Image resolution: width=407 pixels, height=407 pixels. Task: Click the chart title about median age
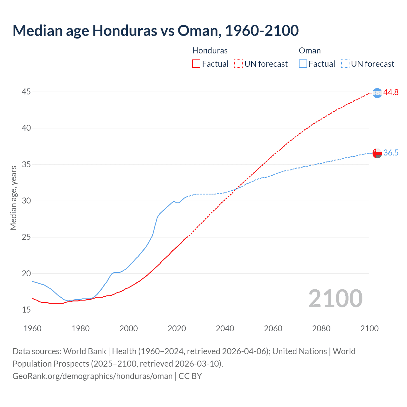pos(155,31)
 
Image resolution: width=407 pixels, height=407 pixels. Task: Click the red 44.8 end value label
pos(391,93)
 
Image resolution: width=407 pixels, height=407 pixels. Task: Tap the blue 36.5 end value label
pos(391,153)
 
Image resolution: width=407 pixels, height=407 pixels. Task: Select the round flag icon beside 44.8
pos(377,93)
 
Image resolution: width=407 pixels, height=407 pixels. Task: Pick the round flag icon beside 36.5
pos(377,153)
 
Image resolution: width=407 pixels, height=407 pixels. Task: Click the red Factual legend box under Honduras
pos(196,64)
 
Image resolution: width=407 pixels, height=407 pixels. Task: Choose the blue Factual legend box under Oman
pos(303,64)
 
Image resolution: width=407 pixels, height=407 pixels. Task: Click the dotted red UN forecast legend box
pos(238,64)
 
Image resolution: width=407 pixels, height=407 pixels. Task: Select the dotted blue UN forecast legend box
pos(345,64)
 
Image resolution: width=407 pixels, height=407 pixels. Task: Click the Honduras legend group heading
pos(210,51)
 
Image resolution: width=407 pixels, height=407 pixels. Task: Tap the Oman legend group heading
pos(310,51)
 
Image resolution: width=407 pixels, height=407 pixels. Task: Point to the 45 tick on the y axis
pos(26,92)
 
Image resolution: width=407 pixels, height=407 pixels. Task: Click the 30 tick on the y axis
pos(26,201)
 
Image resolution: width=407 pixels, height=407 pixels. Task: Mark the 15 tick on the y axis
pos(26,310)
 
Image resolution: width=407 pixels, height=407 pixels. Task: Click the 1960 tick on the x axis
pos(32,328)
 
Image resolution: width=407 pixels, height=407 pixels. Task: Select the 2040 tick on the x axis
pos(225,328)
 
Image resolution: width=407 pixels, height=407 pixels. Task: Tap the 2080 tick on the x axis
pos(321,328)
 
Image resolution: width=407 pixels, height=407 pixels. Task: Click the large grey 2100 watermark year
pos(335,299)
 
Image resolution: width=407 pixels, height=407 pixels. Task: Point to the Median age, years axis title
pos(13,198)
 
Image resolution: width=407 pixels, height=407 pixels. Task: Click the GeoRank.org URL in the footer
pos(93,376)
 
